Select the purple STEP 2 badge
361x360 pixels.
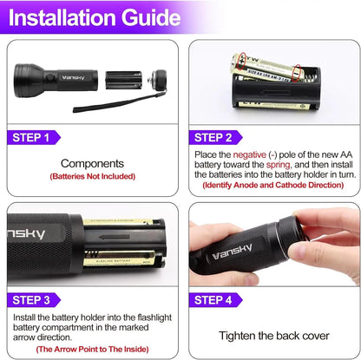point(219,137)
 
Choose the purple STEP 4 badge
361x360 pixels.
point(219,300)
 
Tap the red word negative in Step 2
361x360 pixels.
point(251,154)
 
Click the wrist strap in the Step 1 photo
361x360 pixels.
point(104,108)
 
